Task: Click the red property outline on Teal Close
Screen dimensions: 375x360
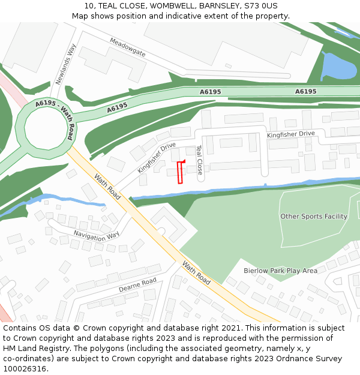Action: coord(180,172)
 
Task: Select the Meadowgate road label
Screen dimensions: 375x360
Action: coord(127,47)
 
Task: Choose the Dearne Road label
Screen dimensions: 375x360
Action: coord(137,285)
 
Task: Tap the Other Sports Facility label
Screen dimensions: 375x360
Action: coord(313,217)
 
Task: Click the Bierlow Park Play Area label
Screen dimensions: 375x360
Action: coord(280,271)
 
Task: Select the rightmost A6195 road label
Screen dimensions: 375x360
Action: coord(306,92)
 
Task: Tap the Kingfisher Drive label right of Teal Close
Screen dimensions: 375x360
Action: coord(290,134)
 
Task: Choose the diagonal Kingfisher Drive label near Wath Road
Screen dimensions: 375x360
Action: coord(157,157)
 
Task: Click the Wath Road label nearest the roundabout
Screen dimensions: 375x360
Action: coord(107,187)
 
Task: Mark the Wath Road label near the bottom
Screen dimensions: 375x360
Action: coord(196,274)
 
